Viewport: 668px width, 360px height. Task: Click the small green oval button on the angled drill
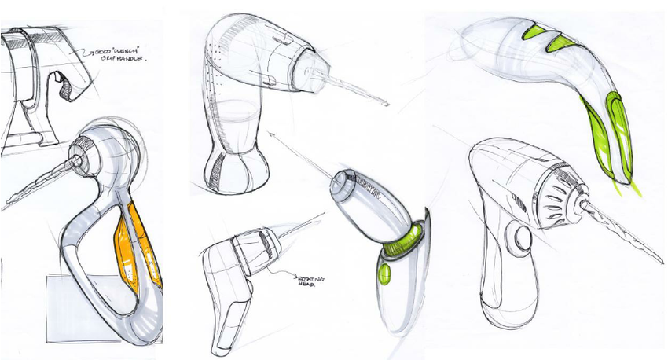tap(384, 274)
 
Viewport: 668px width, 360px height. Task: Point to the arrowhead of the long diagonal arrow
tap(271, 134)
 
